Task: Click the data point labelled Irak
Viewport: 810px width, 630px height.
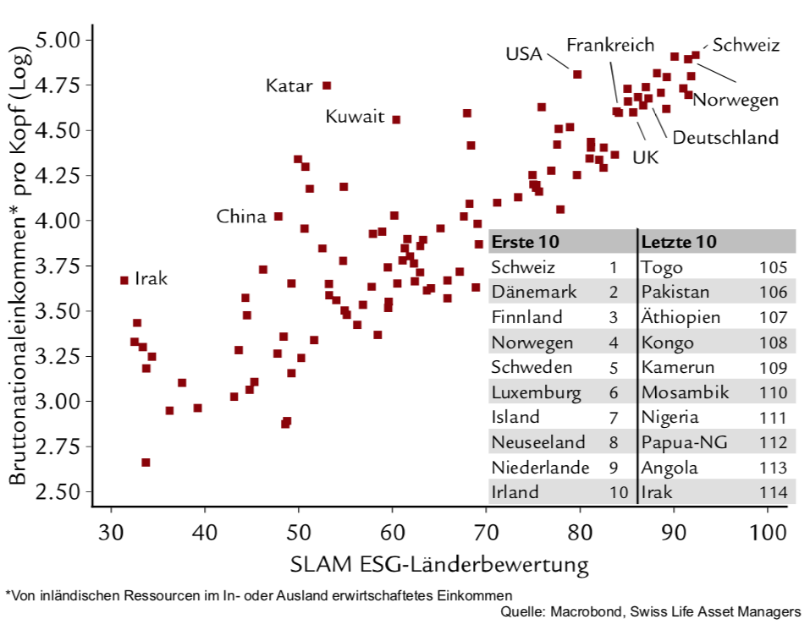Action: coord(124,280)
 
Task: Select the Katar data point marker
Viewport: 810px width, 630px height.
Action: coord(327,85)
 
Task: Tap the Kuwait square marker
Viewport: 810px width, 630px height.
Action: coord(396,119)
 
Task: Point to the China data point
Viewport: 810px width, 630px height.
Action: coord(278,216)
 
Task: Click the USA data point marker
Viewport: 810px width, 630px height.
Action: coord(577,74)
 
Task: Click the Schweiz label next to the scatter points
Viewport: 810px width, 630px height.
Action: coord(745,46)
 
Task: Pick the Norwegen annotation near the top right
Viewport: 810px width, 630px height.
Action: coord(736,100)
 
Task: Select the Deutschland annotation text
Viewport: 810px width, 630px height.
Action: coord(725,137)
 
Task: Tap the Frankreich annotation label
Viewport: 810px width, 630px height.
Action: coord(610,44)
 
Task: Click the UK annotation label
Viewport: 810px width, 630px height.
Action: coord(645,156)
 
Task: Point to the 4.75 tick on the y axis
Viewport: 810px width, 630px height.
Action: coord(57,85)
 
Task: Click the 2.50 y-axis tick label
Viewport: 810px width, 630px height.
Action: coord(57,492)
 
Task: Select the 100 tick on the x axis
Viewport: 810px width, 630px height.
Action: coord(767,533)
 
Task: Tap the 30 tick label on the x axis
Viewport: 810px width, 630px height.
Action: coord(111,533)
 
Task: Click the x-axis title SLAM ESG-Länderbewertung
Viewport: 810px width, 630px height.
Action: coord(439,565)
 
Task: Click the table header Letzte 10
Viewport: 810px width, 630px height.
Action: coord(680,242)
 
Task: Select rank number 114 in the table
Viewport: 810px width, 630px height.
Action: coord(773,492)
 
